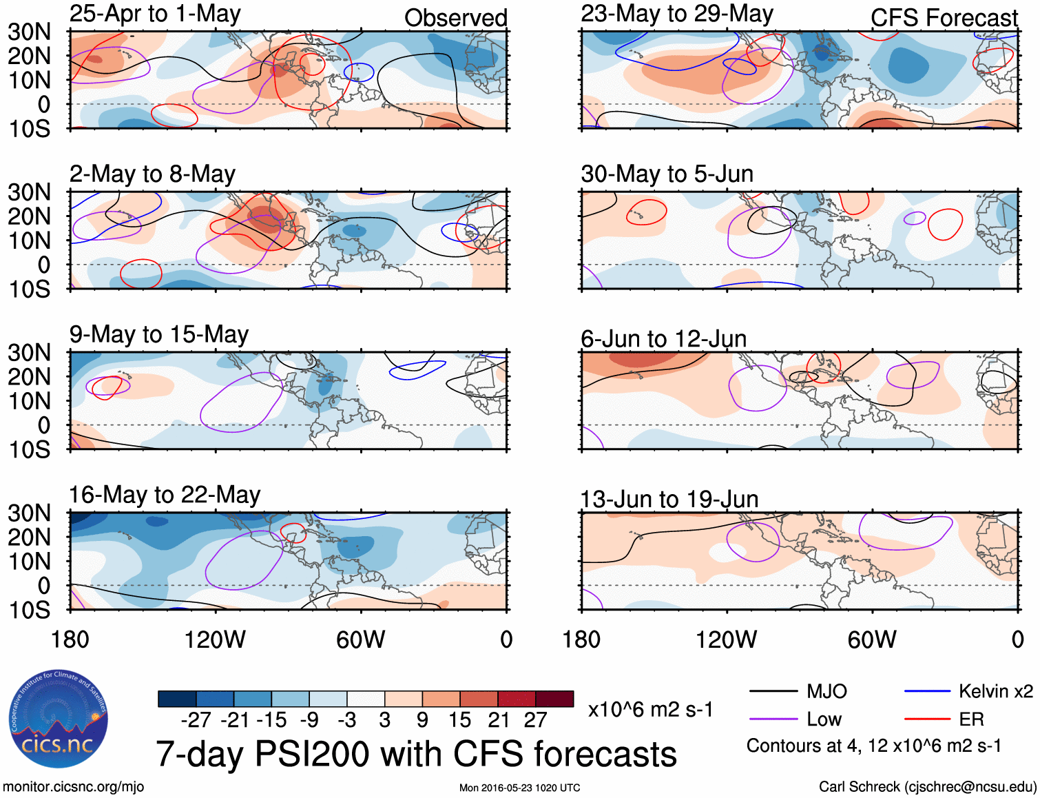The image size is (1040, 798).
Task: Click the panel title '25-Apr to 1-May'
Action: pos(155,14)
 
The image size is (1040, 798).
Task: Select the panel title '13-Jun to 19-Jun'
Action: pos(669,499)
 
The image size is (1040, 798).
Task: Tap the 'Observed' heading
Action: pos(455,18)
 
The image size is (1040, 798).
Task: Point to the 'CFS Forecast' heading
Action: pos(944,18)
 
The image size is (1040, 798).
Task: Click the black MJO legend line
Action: pos(773,691)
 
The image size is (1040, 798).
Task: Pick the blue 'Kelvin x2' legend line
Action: pos(927,691)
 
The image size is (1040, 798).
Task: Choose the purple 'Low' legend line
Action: pos(773,719)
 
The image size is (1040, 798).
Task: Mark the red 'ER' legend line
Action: pos(927,719)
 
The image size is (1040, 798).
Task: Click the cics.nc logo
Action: pos(58,719)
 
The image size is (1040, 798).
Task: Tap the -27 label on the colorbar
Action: pos(196,720)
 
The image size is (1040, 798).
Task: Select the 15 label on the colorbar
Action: pos(459,720)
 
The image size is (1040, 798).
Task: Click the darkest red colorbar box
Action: pos(554,699)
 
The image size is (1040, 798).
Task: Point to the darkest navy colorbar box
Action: pos(177,699)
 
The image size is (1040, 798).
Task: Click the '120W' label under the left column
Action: pos(215,640)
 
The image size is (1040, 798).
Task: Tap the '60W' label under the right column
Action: pos(872,640)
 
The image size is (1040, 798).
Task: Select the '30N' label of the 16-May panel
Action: pos(29,513)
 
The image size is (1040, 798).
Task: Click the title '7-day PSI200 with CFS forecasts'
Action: pos(416,754)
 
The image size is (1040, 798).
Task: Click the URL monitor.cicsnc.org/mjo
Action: pos(74,787)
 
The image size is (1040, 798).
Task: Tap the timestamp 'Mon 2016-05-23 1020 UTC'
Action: pos(520,788)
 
